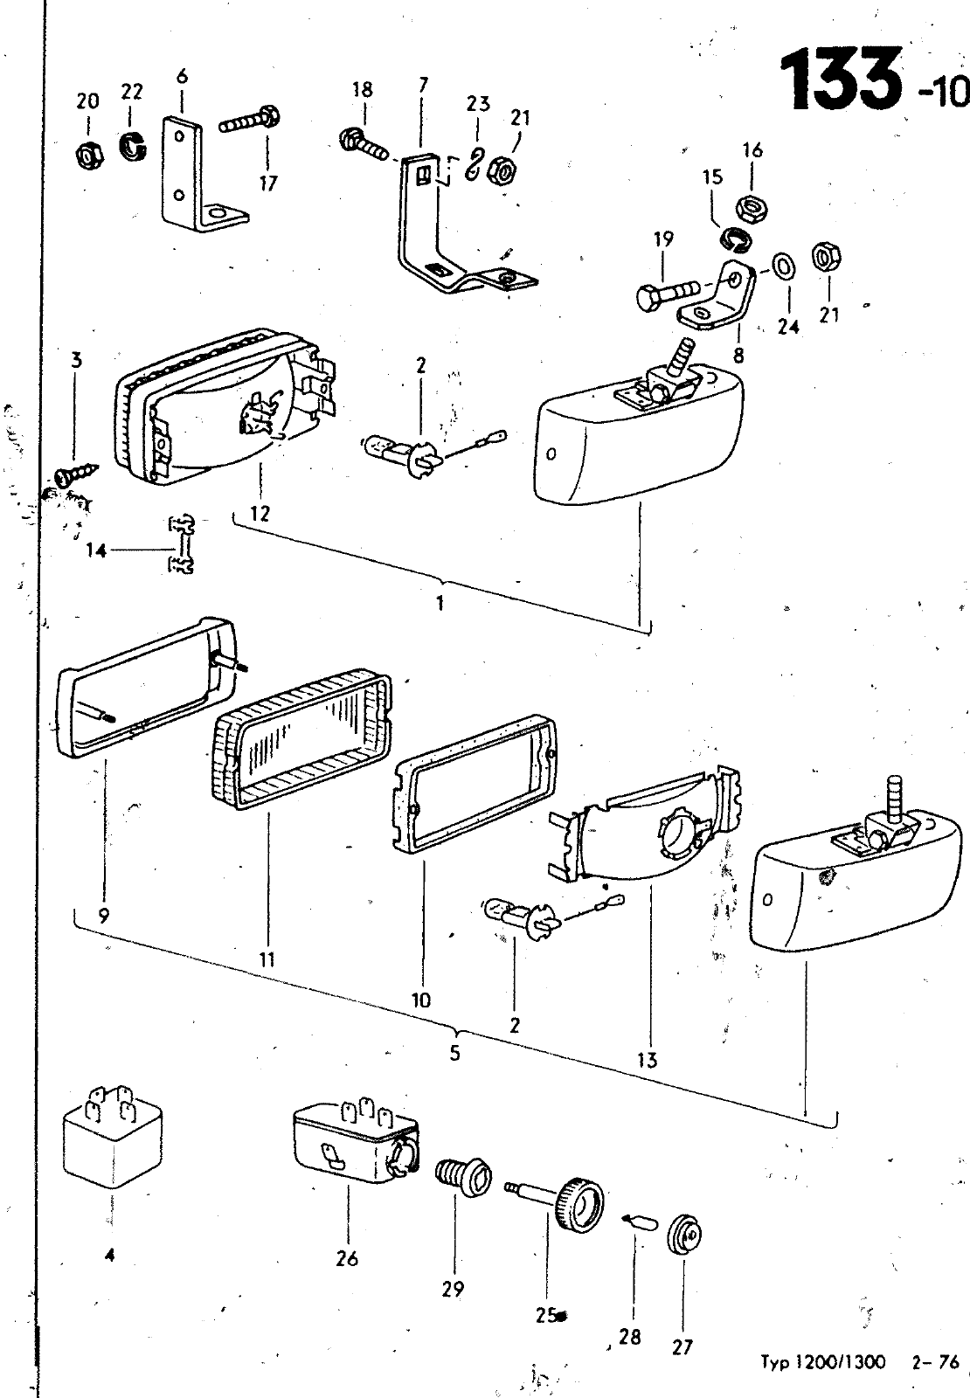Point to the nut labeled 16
pyautogui.click(x=751, y=208)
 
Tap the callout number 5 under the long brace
pyautogui.click(x=454, y=1052)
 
